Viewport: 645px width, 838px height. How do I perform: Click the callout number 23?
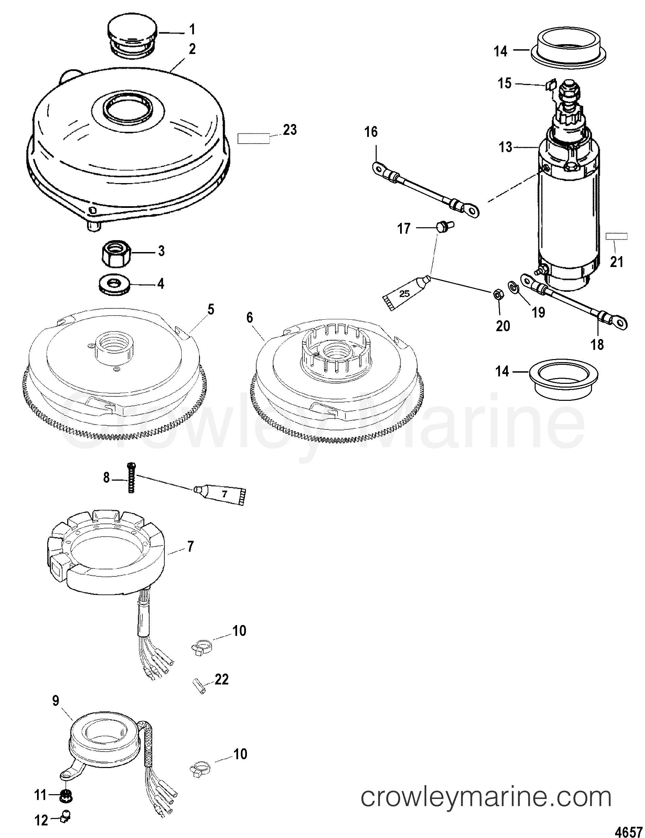(290, 130)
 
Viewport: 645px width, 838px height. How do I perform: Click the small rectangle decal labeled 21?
(616, 236)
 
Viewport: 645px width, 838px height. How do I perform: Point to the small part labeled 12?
(66, 814)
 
